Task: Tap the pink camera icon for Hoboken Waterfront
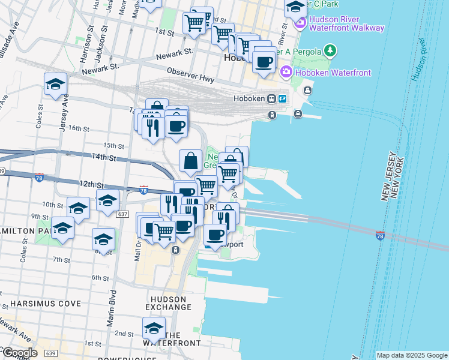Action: [286, 73]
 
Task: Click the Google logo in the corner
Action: [19, 353]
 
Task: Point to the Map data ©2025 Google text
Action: [412, 355]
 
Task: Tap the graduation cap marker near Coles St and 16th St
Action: [55, 84]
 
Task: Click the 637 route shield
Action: [123, 214]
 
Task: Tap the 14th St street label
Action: [104, 157]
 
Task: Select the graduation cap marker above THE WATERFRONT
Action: [154, 328]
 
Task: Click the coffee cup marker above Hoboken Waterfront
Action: [264, 61]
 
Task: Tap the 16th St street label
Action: [79, 128]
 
